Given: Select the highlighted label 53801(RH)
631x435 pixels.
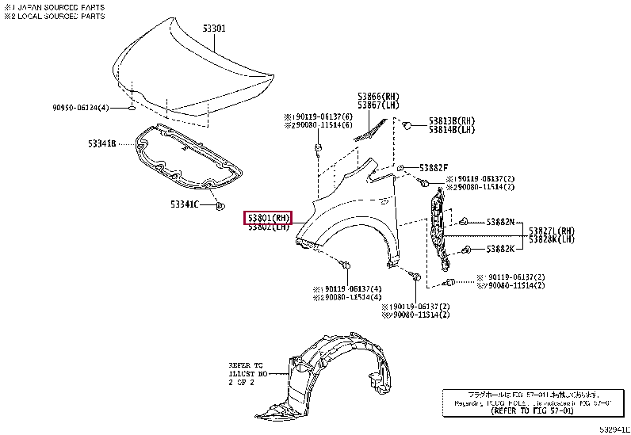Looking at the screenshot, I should pyautogui.click(x=268, y=217).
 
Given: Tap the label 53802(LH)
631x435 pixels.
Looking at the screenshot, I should pyautogui.click(x=268, y=227).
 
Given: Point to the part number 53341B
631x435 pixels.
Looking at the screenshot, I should pyautogui.click(x=102, y=143).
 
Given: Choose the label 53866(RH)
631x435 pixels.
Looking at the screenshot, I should pyautogui.click(x=378, y=96).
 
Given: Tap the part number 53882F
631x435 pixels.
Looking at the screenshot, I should pyautogui.click(x=434, y=167).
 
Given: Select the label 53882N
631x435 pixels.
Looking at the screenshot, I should pyautogui.click(x=500, y=222).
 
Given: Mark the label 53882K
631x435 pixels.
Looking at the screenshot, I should pyautogui.click(x=500, y=249).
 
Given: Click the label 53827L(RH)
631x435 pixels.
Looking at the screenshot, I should pyautogui.click(x=553, y=230).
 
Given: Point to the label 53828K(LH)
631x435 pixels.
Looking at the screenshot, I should pyautogui.click(x=553, y=238).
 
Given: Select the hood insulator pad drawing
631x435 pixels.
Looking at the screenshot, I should pyautogui.click(x=186, y=158).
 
